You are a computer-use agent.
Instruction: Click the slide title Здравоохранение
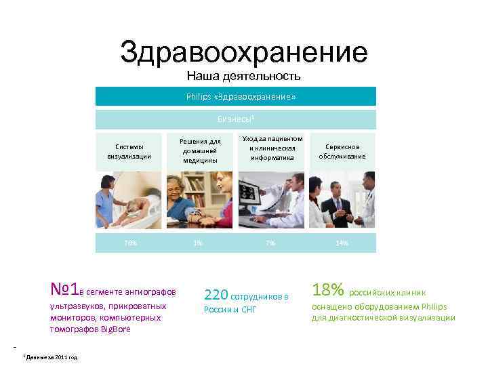point(243,52)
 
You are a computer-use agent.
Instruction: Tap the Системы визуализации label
point(129,151)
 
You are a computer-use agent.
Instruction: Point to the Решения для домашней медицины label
point(200,151)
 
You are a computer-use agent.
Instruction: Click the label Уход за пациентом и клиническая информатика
point(270,148)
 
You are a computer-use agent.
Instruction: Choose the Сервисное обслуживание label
point(342,151)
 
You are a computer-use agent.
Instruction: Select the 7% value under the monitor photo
point(270,243)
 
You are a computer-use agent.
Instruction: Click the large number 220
point(216,295)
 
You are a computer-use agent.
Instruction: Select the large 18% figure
point(327,291)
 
